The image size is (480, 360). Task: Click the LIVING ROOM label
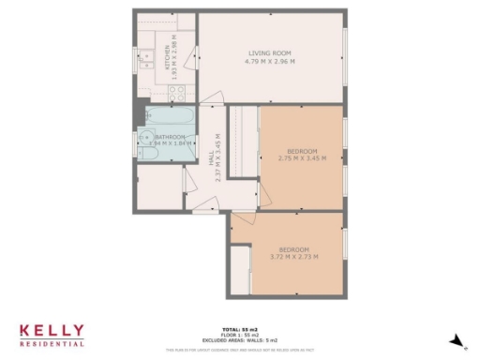[272, 52]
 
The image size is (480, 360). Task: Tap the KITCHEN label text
[168, 57]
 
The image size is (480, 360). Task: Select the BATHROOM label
[170, 137]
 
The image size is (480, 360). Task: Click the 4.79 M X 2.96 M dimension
[272, 62]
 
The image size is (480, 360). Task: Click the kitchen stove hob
[177, 92]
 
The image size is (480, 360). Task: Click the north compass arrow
[457, 339]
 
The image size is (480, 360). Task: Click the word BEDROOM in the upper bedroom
[302, 151]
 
